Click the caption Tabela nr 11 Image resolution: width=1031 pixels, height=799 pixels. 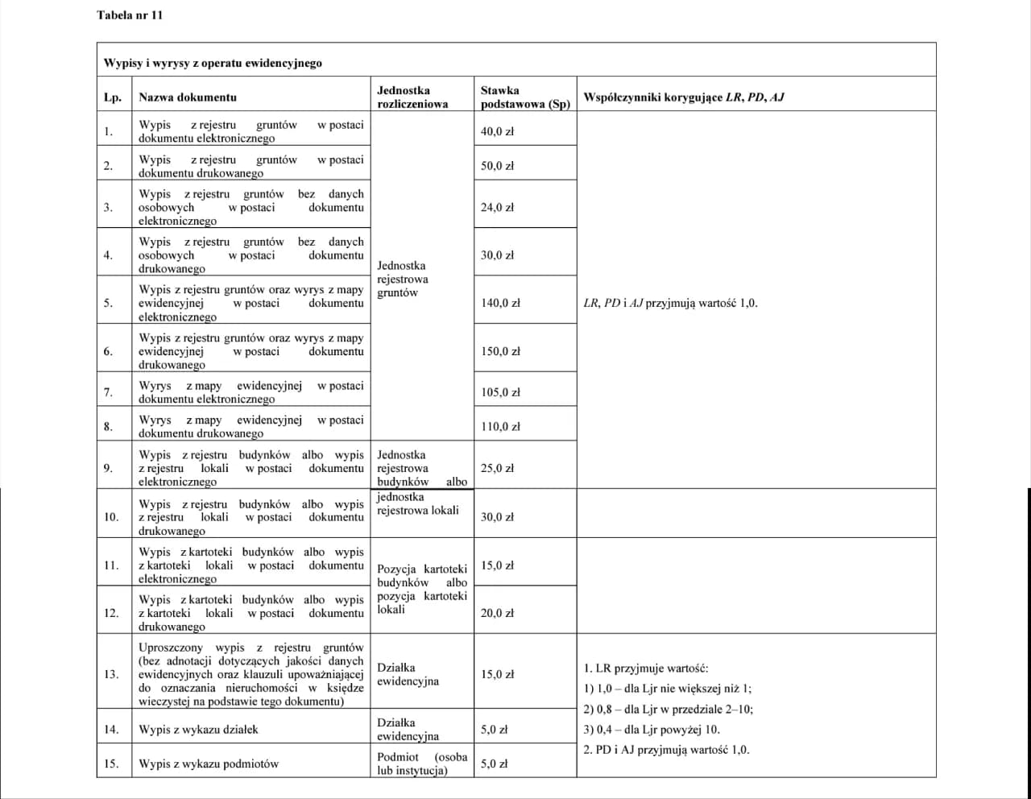[x=130, y=15]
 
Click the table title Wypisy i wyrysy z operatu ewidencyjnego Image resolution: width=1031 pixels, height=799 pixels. [x=213, y=63]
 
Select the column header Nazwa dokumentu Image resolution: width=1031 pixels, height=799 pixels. [x=188, y=97]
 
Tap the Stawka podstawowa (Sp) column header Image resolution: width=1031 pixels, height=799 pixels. [x=524, y=97]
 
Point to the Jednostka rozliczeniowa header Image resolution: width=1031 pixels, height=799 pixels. [x=412, y=97]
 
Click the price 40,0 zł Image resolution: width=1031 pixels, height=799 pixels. [x=497, y=131]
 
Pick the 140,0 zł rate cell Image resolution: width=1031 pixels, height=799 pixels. [x=500, y=304]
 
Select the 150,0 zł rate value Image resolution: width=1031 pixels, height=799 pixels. [x=500, y=351]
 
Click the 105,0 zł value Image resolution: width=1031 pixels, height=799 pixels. [x=500, y=392]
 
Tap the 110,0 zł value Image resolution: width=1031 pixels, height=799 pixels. [x=500, y=427]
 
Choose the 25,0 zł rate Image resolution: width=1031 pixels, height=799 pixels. [x=497, y=468]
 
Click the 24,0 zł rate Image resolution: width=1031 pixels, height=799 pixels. [x=497, y=207]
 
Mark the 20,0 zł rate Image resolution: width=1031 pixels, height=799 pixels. [x=497, y=613]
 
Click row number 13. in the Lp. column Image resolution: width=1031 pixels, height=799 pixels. [x=111, y=674]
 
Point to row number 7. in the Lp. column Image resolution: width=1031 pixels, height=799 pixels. [x=108, y=392]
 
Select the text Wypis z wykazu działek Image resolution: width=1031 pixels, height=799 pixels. [x=198, y=730]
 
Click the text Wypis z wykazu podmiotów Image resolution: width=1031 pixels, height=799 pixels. [x=209, y=764]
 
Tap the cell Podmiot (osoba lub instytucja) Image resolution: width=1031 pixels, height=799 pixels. [x=422, y=764]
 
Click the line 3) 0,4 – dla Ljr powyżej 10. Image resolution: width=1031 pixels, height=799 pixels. [x=652, y=730]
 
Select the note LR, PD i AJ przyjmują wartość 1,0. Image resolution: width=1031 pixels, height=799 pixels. [x=670, y=304]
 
